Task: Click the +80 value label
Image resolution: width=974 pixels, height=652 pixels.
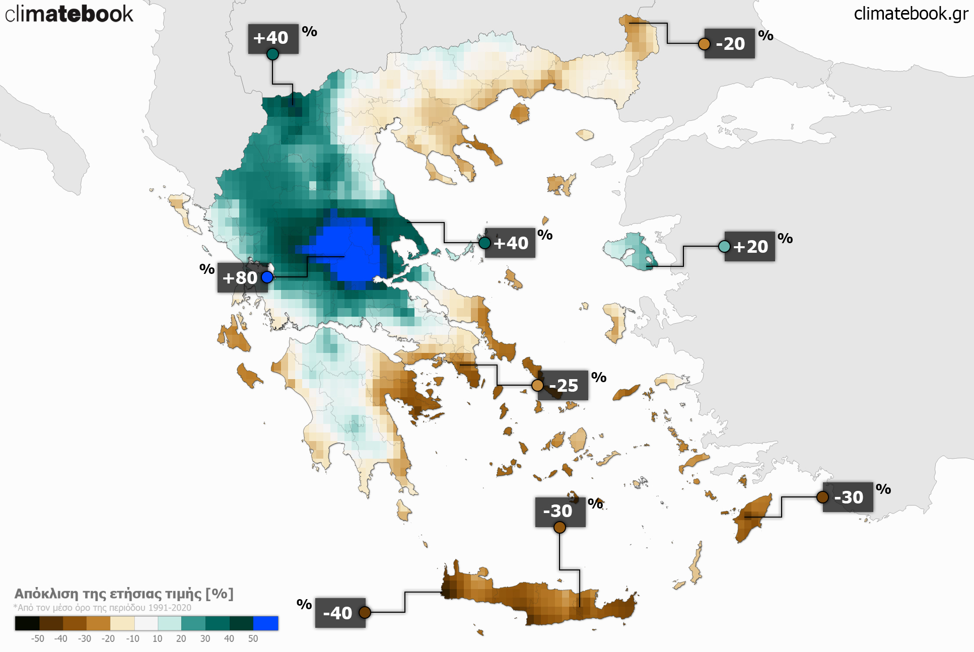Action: tap(240, 278)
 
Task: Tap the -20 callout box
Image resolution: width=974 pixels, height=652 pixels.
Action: tap(730, 44)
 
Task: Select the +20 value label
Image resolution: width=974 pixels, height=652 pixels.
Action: tap(750, 247)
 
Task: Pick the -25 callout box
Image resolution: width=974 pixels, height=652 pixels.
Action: tap(564, 386)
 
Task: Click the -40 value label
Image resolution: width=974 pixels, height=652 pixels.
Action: tap(337, 613)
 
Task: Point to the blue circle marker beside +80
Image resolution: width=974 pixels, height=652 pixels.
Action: tap(267, 277)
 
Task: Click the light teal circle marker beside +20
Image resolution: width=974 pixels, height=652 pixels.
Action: tap(724, 246)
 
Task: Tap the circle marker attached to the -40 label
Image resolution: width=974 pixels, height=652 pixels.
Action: tap(365, 612)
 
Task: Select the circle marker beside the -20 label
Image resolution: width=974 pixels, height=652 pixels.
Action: tap(704, 44)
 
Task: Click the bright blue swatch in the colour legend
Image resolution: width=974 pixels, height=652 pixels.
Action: tap(265, 623)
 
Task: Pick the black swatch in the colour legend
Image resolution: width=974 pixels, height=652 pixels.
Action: tap(27, 623)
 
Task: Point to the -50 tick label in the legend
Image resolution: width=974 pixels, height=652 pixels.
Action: tap(37, 639)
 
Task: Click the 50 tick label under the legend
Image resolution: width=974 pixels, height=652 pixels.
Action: tap(253, 639)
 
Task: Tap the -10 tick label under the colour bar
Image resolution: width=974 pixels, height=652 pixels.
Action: tap(132, 639)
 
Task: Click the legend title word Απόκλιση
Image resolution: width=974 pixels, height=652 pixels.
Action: tap(46, 594)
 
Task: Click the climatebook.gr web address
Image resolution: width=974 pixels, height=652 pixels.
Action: tap(911, 14)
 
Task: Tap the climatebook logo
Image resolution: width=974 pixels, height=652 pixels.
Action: tap(69, 14)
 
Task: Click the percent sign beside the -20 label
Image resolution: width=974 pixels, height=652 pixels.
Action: tap(766, 36)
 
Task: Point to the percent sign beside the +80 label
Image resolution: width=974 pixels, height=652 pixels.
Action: tap(207, 269)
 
